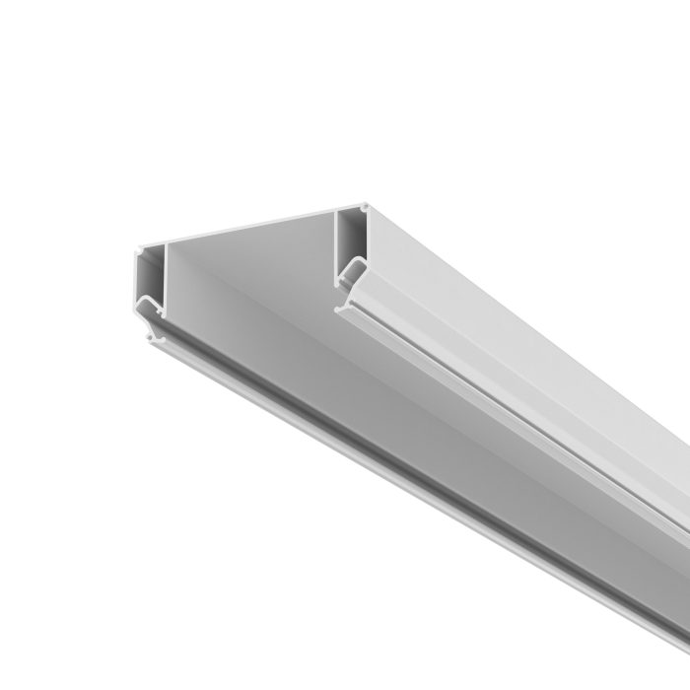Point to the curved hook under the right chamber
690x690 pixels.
click(350, 271)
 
